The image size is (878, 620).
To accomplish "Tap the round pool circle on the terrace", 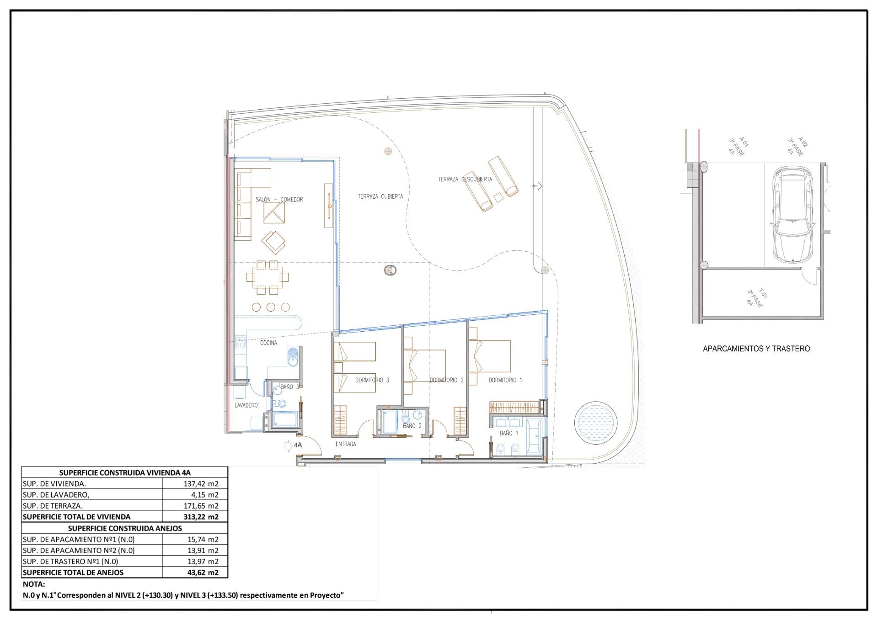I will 595,422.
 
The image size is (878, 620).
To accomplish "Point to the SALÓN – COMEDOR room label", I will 279,200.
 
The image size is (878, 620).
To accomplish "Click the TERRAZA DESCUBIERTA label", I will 465,179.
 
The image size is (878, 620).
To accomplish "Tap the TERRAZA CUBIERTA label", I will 380,196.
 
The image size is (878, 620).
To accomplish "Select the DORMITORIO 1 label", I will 505,380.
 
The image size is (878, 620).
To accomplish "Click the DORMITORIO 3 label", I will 372,380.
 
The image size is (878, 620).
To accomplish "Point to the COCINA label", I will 268,343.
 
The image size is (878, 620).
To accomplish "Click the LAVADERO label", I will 246,405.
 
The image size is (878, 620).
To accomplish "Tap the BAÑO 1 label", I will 509,433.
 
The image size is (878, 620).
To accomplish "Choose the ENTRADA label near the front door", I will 345,444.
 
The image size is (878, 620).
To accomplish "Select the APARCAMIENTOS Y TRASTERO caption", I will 756,349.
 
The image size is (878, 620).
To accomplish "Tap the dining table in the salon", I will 267,277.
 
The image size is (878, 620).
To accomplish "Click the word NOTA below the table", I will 34,584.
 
